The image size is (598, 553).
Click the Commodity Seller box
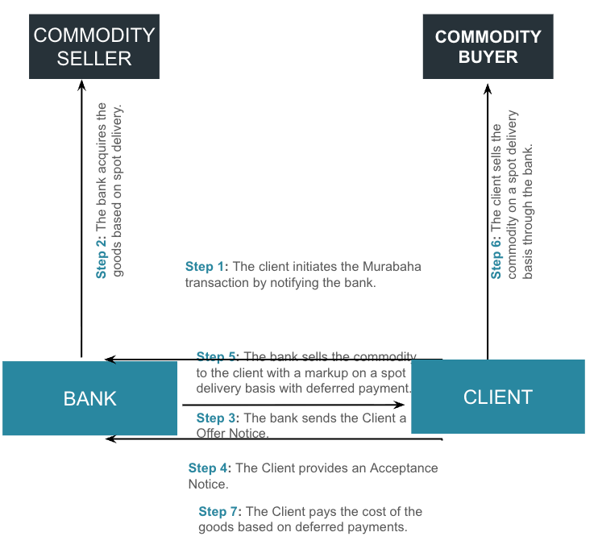(x=93, y=47)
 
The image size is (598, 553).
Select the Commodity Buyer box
(x=488, y=47)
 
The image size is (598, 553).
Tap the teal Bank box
(x=89, y=398)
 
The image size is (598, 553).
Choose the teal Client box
(x=497, y=397)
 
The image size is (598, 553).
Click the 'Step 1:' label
(x=207, y=267)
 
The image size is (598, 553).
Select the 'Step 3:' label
(x=218, y=418)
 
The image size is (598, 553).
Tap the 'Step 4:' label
(x=210, y=468)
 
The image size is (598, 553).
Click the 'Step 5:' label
(x=218, y=357)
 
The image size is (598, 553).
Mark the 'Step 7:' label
(x=220, y=512)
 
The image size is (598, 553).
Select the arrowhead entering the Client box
(x=404, y=405)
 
